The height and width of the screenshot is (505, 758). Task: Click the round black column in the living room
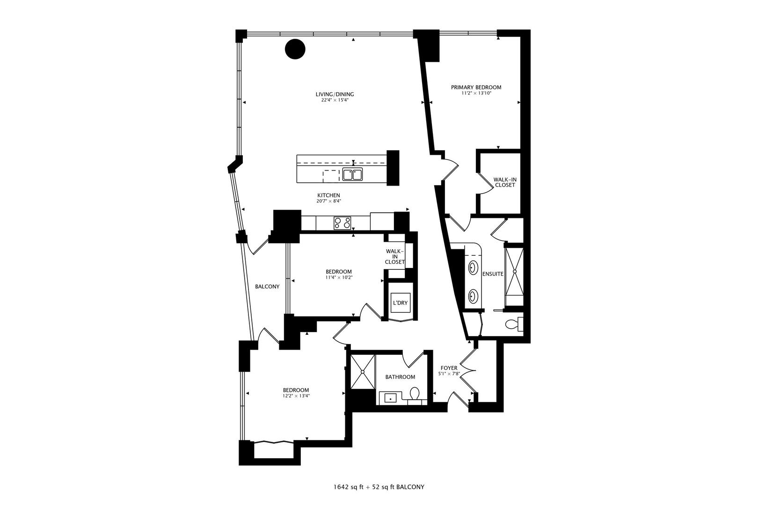(x=295, y=49)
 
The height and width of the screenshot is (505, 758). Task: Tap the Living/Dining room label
(x=335, y=94)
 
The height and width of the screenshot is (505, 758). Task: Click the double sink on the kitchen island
(x=353, y=174)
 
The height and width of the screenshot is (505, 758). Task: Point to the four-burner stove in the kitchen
(x=343, y=223)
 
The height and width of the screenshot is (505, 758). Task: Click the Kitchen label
(x=328, y=195)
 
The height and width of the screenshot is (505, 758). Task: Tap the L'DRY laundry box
(x=400, y=303)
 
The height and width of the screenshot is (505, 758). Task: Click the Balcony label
(x=267, y=287)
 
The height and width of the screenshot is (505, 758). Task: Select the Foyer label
(x=449, y=368)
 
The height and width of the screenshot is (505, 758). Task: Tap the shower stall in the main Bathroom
(x=363, y=371)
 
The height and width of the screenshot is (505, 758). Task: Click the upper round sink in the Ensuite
(x=473, y=268)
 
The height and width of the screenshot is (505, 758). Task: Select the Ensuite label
(x=492, y=274)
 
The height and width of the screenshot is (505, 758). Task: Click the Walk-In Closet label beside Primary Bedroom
(x=504, y=182)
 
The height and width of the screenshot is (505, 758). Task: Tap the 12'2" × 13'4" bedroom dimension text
(x=296, y=396)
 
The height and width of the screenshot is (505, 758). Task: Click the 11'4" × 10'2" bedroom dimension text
(x=339, y=277)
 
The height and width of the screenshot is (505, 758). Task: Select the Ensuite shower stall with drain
(x=514, y=272)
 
